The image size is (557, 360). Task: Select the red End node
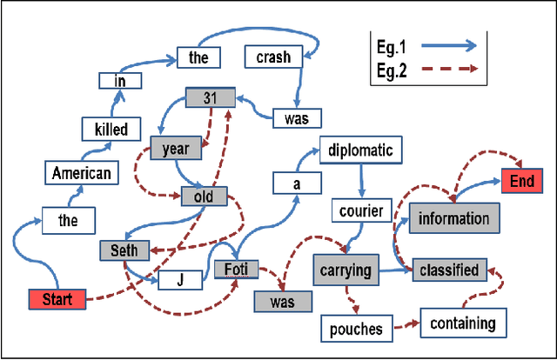coord(523,182)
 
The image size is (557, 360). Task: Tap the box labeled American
coord(81,172)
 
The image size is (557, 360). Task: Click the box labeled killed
coord(111,130)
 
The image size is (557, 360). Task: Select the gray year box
coord(176,148)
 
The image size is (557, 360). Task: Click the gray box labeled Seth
coord(124,250)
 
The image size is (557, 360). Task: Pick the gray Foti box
coord(236,270)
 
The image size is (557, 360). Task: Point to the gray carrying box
coord(343,270)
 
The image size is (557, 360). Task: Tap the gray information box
coord(454,218)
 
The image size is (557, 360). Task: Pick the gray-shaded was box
coord(283,301)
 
